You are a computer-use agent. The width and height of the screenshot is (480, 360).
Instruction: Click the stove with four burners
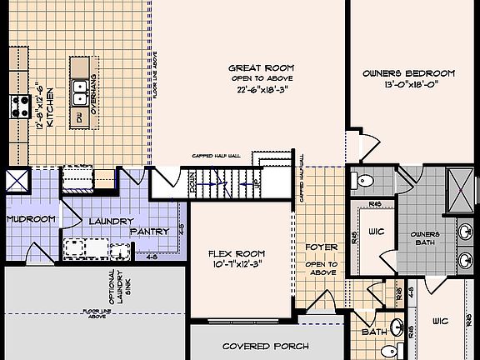[x=19, y=105]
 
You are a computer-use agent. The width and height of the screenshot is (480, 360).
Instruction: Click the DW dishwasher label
[x=80, y=120]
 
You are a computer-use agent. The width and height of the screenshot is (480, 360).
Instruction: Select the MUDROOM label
[x=30, y=219]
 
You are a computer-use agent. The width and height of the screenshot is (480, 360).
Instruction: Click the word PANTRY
[x=150, y=231]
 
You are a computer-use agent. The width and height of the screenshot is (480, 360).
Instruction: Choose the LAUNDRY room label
[x=111, y=221]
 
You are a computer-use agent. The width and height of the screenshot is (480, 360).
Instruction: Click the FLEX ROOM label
[x=237, y=253]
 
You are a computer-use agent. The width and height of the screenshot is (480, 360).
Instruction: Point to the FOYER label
[x=321, y=247]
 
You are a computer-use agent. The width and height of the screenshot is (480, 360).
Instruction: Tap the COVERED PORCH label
[x=266, y=346]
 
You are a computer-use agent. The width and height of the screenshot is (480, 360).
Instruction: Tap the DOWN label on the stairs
[x=192, y=183]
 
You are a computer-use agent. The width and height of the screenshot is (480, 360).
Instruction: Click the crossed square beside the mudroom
[x=16, y=181]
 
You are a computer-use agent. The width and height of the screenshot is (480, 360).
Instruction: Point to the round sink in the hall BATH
[x=398, y=327]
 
